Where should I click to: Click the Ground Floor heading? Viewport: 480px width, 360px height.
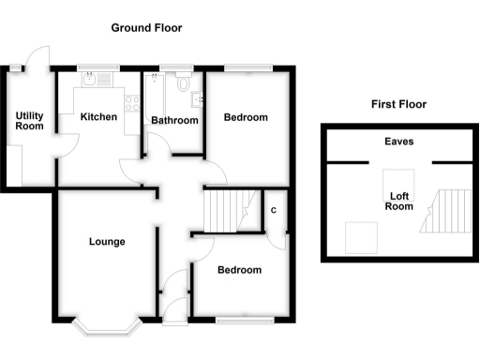(x=146, y=28)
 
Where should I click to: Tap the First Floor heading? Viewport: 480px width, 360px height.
(x=398, y=105)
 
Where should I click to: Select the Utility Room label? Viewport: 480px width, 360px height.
(x=29, y=121)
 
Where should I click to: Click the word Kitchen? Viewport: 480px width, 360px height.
(x=98, y=117)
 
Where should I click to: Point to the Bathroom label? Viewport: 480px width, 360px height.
(x=174, y=121)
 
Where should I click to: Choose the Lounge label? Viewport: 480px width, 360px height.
(x=107, y=242)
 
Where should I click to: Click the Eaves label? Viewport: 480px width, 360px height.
(x=398, y=142)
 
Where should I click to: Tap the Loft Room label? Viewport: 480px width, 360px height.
(x=398, y=202)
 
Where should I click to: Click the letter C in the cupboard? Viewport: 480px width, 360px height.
(x=274, y=210)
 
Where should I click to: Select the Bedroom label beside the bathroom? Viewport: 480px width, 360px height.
(x=246, y=117)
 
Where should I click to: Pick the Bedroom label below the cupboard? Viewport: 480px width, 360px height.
(x=239, y=270)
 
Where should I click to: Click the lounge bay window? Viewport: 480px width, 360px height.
(x=106, y=326)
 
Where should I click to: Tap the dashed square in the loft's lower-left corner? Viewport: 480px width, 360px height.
(x=360, y=237)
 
